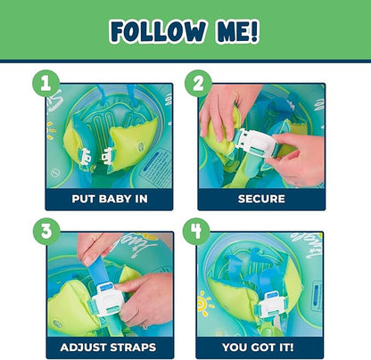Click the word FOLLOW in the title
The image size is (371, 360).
pyautogui.click(x=158, y=32)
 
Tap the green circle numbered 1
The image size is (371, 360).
pyautogui.click(x=46, y=84)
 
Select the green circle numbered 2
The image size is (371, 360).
pyautogui.click(x=198, y=84)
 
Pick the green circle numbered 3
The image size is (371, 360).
pyautogui.click(x=46, y=232)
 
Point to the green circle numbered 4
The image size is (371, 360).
pyautogui.click(x=196, y=232)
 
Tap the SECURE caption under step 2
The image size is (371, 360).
pyautogui.click(x=261, y=199)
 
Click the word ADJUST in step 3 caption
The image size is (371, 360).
pyautogui.click(x=83, y=348)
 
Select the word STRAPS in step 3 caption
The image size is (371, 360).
pyautogui.click(x=133, y=348)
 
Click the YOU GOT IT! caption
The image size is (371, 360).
pyautogui.click(x=258, y=348)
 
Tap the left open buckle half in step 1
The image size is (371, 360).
pyautogui.click(x=84, y=156)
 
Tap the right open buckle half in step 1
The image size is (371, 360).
pyautogui.click(x=107, y=155)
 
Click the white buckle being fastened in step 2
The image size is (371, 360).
pyautogui.click(x=256, y=143)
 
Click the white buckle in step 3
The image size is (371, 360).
pyautogui.click(x=107, y=299)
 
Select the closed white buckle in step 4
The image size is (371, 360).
pyautogui.click(x=272, y=306)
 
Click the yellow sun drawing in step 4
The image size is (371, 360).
pyautogui.click(x=204, y=304)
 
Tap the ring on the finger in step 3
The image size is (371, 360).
pyautogui.click(x=144, y=327)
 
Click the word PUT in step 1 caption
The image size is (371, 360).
pyautogui.click(x=84, y=199)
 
